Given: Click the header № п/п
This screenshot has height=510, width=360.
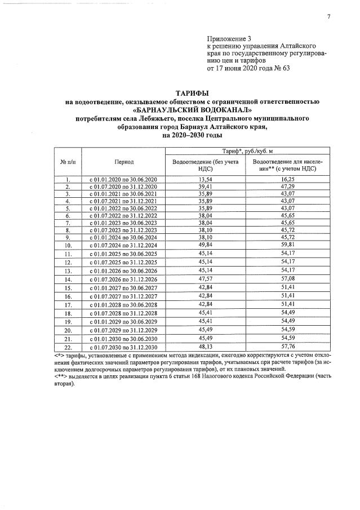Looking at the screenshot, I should (x=67, y=162).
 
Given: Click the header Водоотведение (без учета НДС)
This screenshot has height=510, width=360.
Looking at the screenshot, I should (x=205, y=165).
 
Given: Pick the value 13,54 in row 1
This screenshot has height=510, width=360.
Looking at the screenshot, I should (x=205, y=179).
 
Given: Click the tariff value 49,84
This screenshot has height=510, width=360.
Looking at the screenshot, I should (x=205, y=246).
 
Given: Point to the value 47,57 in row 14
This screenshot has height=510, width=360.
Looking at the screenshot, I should (x=205, y=279).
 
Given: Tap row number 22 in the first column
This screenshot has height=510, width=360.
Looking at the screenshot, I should (x=67, y=347).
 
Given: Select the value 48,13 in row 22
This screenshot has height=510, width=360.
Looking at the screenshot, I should (x=205, y=347).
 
